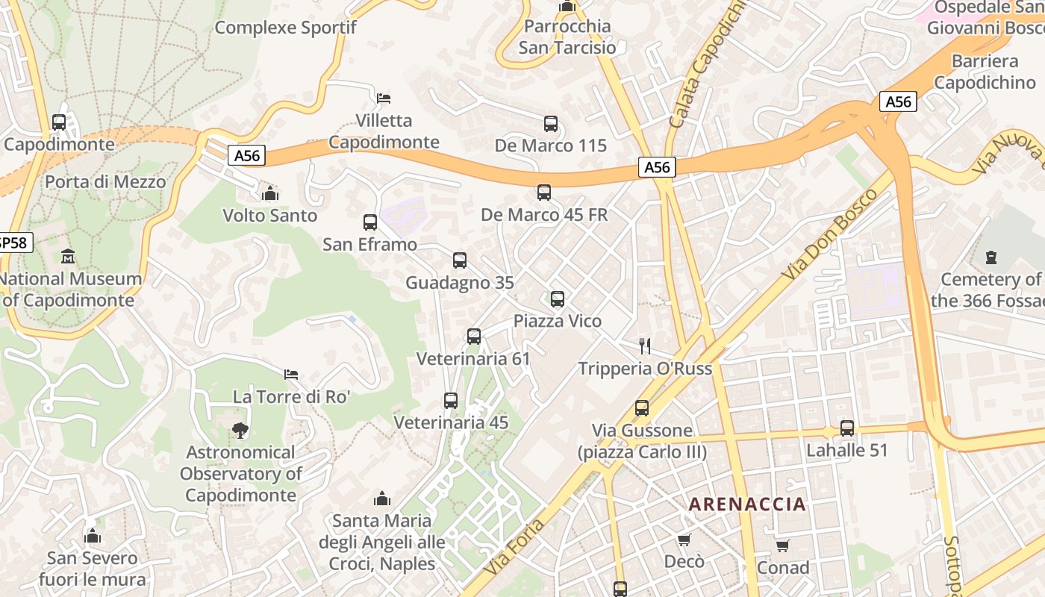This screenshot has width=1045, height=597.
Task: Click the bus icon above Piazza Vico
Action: (557, 299)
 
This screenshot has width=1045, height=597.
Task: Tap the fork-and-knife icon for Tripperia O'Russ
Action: (645, 346)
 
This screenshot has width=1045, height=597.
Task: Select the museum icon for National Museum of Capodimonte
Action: (68, 257)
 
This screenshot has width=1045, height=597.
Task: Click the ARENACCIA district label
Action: (747, 504)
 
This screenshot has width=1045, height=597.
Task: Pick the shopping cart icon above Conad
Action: (782, 546)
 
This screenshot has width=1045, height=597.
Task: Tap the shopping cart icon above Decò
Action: (684, 540)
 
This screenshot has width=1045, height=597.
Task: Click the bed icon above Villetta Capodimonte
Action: (384, 98)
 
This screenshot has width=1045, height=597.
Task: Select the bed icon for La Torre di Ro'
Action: (291, 374)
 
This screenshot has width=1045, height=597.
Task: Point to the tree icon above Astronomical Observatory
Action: (240, 430)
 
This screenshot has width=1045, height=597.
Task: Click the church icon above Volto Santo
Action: (269, 194)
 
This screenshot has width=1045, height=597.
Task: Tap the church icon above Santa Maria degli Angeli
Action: (382, 498)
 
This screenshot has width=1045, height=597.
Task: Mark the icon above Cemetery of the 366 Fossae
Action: (991, 257)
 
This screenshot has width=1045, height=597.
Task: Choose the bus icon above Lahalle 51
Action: (846, 428)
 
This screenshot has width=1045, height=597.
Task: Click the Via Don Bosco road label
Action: (829, 234)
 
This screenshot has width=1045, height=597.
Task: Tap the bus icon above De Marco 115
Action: (551, 124)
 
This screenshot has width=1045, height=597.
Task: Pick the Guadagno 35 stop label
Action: (459, 283)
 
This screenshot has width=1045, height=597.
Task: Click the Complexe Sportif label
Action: (285, 28)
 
